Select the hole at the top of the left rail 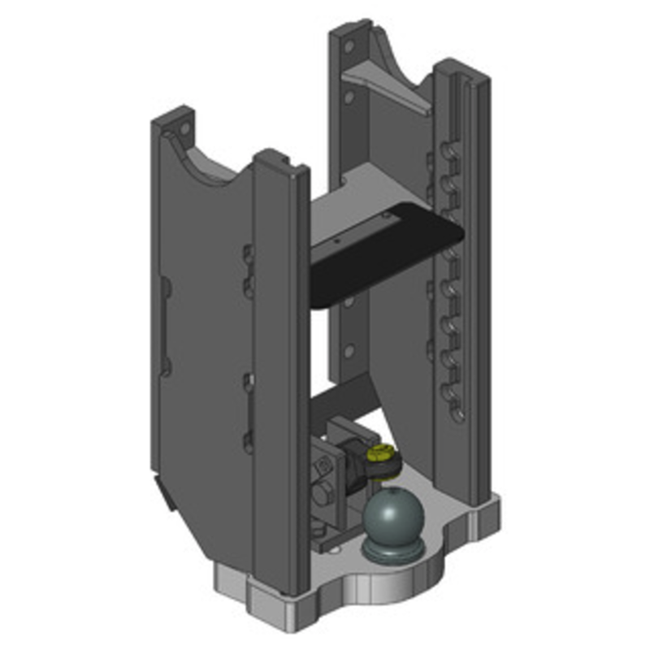tap(184, 129)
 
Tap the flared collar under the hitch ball tap(393, 551)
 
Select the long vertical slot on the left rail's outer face tap(164, 325)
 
